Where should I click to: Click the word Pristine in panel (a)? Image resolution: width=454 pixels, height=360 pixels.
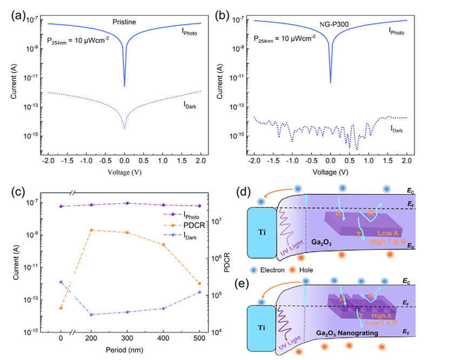pos(124,22)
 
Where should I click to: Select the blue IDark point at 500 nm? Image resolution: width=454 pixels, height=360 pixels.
pos(199,292)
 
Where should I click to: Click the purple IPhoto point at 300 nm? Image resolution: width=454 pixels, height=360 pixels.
pos(127,203)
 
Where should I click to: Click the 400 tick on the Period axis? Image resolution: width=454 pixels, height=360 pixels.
pos(163,339)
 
